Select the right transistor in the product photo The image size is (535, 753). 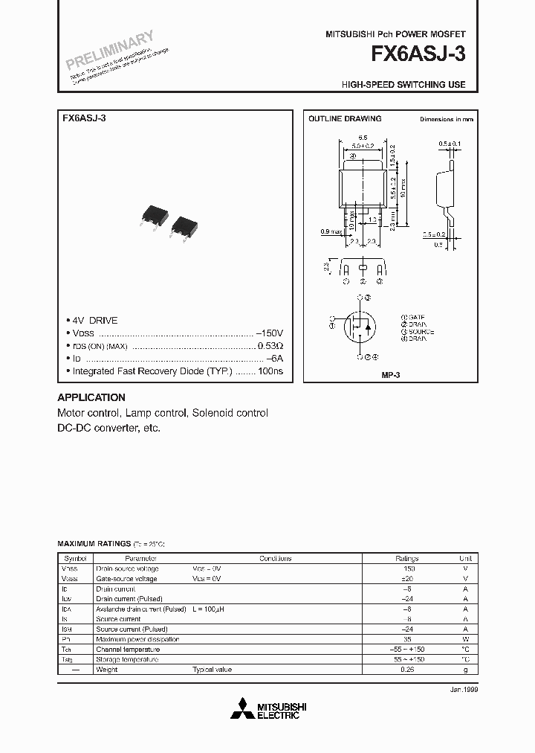click(x=183, y=225)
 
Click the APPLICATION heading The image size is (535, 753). click(x=91, y=397)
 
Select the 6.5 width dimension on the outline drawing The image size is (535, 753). click(x=363, y=138)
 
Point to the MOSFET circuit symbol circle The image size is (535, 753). click(x=362, y=324)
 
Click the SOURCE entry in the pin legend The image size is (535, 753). click(x=420, y=331)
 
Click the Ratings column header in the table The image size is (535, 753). click(x=406, y=559)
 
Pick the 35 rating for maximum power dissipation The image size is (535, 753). click(x=406, y=639)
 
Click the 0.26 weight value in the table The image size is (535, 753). click(x=406, y=670)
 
